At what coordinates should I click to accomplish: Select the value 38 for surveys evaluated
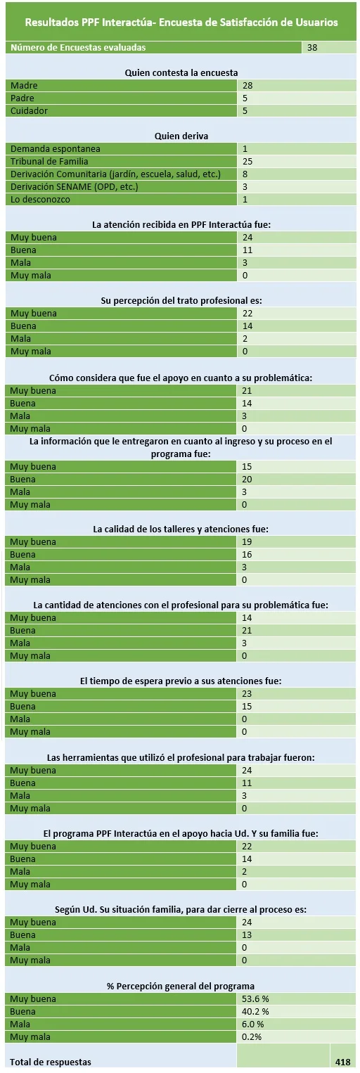click(x=312, y=47)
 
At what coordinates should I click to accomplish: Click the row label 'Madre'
click(x=24, y=85)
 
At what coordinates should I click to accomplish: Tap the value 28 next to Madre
click(x=247, y=85)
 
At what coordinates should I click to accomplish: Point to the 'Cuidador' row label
click(x=30, y=110)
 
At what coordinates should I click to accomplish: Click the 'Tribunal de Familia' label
click(x=49, y=162)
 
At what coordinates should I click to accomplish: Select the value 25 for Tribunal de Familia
click(x=247, y=162)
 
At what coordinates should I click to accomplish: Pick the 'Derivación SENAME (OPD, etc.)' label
click(x=75, y=187)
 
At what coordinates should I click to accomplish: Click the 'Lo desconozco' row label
click(x=40, y=199)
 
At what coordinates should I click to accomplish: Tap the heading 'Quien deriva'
click(x=181, y=136)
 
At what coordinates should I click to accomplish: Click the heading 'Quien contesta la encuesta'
click(x=181, y=73)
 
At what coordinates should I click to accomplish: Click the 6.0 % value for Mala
click(x=253, y=1024)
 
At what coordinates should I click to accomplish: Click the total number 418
click(x=342, y=1062)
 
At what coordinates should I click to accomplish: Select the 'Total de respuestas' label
click(x=51, y=1062)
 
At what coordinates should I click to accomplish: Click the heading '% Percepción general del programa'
click(x=181, y=986)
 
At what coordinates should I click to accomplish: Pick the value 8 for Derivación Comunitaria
click(x=245, y=174)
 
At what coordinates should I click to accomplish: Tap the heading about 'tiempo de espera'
click(x=181, y=681)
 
